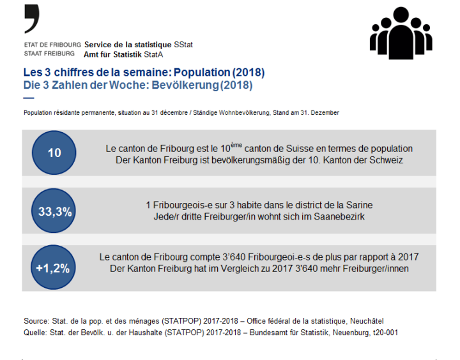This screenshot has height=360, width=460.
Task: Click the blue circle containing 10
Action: [x=54, y=153]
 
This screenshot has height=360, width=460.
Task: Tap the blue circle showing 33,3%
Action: [x=54, y=211]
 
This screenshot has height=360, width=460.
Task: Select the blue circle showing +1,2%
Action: [x=54, y=268]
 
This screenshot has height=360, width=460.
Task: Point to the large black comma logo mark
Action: [x=32, y=19]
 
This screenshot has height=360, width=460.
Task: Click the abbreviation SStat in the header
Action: [x=183, y=45]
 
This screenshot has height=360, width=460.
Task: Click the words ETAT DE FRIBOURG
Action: [x=52, y=45]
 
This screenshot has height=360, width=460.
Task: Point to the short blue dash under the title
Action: [x=28, y=98]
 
